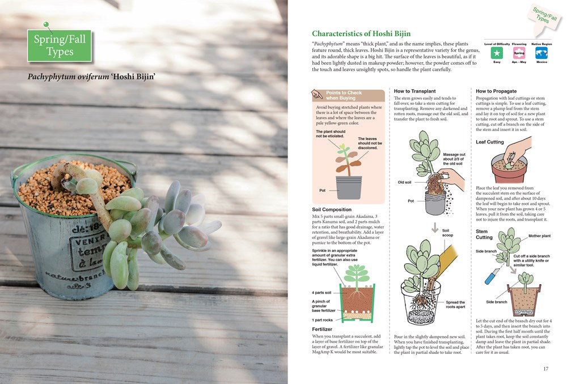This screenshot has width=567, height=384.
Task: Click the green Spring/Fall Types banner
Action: pyautogui.click(x=60, y=45)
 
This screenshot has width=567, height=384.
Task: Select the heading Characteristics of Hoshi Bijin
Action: pyautogui.click(x=361, y=34)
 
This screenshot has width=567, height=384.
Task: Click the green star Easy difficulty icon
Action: pyautogui.click(x=497, y=53)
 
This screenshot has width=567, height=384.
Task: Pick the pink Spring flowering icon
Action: pyautogui.click(x=519, y=53)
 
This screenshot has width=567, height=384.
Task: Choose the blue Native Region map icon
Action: pyautogui.click(x=541, y=53)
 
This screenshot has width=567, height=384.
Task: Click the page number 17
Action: pyautogui.click(x=545, y=369)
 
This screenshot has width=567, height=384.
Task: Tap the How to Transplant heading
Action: pyautogui.click(x=414, y=91)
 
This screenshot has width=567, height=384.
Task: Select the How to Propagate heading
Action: pyautogui.click(x=496, y=91)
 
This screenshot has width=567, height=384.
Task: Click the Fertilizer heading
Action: pyautogui.click(x=322, y=329)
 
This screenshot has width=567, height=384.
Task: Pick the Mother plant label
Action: pyautogui.click(x=539, y=235)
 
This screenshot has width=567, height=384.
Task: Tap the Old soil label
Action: pyautogui.click(x=405, y=183)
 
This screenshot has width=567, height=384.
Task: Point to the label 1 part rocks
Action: pyautogui.click(x=323, y=320)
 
